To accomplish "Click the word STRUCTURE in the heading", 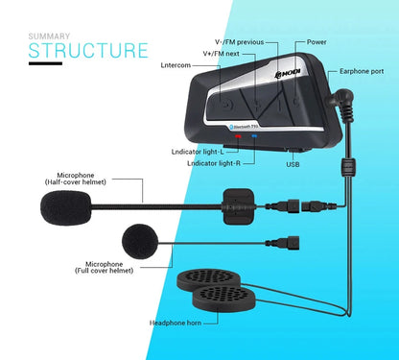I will pos(87,50).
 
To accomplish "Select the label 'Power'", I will pos(317,43).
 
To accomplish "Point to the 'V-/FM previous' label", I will pos(234,43).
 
